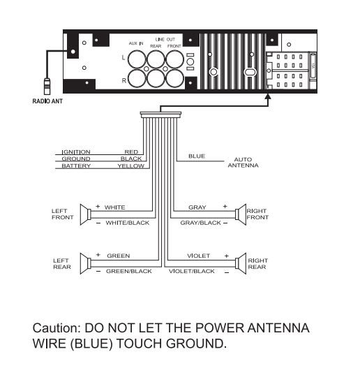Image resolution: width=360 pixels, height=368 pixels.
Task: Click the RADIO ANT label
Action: coord(47,101)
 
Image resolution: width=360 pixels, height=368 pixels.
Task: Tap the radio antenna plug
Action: coord(47,87)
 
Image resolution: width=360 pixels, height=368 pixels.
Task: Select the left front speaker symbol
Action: coord(86,214)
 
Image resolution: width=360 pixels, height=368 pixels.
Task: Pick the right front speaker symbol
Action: coord(241,214)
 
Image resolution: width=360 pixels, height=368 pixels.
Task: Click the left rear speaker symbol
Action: coord(86,263)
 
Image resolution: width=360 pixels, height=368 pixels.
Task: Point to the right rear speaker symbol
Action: coord(241,263)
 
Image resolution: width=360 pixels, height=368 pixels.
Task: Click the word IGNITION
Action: coord(76,152)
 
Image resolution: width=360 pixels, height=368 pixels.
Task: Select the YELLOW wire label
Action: coord(131,166)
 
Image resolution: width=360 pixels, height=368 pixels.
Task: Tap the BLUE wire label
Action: coord(197,156)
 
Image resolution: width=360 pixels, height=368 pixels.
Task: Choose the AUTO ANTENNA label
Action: coord(243,163)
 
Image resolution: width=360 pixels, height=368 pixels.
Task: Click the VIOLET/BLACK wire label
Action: coord(192,272)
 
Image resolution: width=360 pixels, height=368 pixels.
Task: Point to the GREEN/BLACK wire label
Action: coord(129,272)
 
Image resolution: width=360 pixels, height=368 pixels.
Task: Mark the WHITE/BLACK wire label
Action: coord(128,223)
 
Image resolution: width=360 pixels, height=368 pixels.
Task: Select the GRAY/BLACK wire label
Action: coord(200,223)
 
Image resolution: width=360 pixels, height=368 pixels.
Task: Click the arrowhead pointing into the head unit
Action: coord(269,96)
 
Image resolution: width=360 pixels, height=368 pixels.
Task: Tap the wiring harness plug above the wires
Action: coord(160,115)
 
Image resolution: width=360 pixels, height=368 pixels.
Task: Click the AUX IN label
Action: coord(136,43)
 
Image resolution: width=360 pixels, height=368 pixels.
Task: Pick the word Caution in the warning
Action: coord(57,328)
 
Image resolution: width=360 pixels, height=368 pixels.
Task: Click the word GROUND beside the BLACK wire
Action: coord(76,159)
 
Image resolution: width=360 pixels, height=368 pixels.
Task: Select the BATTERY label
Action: coord(76,166)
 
